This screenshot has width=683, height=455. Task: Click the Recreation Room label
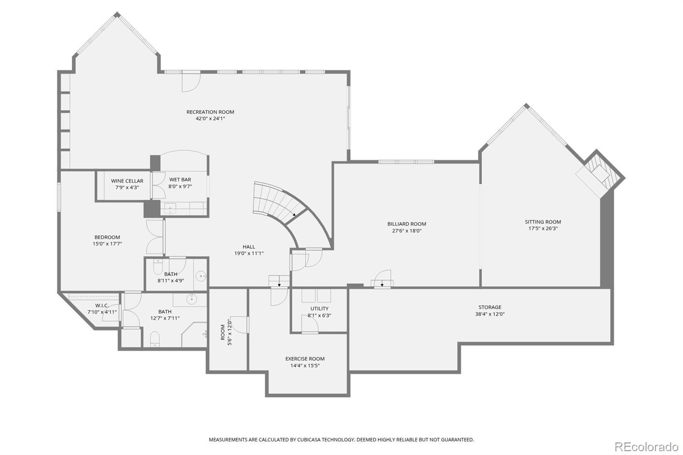pos(210,112)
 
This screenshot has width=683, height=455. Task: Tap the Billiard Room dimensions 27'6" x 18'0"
pos(407,231)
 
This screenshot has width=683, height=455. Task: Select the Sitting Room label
pos(543,222)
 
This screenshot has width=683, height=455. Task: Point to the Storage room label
pos(490,307)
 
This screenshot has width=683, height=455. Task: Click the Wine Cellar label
pos(127,181)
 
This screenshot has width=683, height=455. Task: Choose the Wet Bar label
pos(180,180)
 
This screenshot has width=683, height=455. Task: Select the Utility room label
pos(319,309)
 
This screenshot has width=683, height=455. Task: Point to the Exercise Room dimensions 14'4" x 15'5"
pos(305,366)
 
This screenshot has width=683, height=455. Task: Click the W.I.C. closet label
pos(102,306)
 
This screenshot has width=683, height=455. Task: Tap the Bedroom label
pos(107,237)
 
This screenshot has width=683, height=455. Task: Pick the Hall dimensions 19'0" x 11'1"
pos(249,254)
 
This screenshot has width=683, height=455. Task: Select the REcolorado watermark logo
pos(646,447)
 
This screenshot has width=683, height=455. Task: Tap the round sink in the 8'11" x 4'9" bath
pos(201,277)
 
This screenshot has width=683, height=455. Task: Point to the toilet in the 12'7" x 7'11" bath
pos(155,339)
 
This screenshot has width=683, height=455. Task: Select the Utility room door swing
pos(310,325)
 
